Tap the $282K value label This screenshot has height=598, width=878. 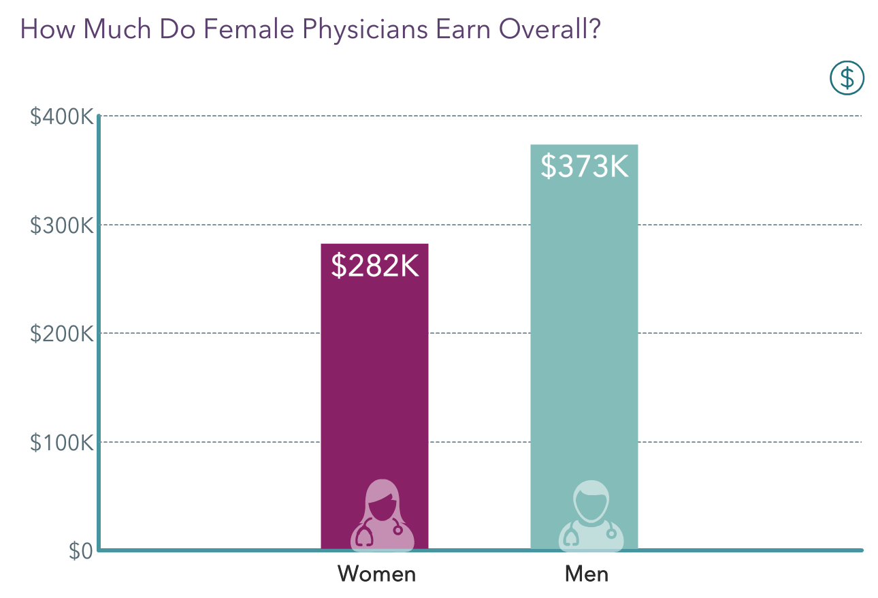tap(374, 266)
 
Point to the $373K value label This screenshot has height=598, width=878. tap(584, 166)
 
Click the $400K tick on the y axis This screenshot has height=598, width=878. tap(61, 116)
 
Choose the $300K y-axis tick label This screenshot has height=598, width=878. tap(61, 225)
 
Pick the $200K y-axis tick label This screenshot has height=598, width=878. tap(61, 334)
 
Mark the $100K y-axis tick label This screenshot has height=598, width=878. tap(61, 443)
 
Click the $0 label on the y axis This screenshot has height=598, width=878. tap(81, 550)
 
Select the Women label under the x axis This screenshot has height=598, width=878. tap(376, 574)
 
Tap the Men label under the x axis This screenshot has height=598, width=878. tap(586, 574)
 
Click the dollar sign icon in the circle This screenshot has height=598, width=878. tap(847, 78)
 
